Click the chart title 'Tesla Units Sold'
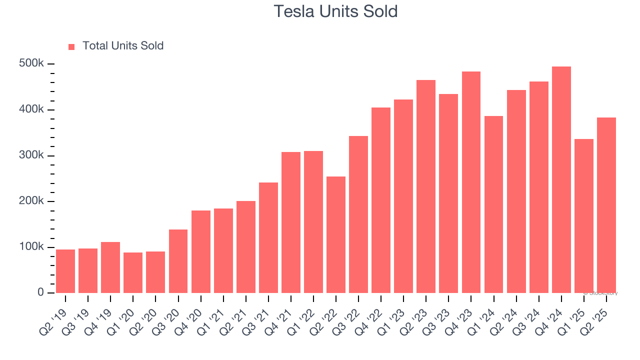coord(335,11)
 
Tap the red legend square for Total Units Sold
coord(71,46)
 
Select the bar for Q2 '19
coord(65,271)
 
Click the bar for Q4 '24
coord(561,180)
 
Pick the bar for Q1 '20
coord(133,272)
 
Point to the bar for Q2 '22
coord(336,234)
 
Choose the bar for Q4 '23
coord(471,182)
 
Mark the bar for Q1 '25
coord(584,216)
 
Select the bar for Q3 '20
coord(178,261)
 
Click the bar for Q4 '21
coord(291,222)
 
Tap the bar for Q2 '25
coord(606,205)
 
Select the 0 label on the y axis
coord(41,292)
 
